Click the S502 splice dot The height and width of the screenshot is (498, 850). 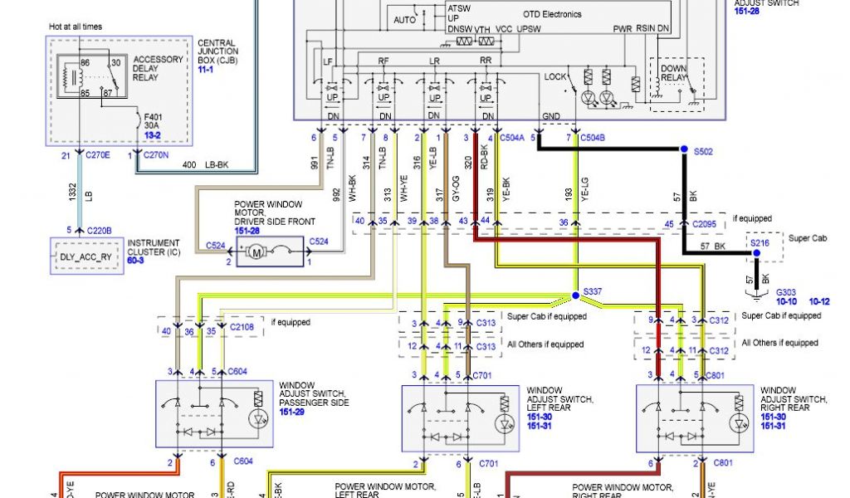tap(684, 149)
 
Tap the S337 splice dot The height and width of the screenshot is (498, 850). tap(574, 295)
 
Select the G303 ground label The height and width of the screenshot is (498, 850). tap(786, 292)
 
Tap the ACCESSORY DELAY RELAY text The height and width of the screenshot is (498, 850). tap(158, 68)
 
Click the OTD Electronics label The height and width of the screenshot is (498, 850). tap(552, 14)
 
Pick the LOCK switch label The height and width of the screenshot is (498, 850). tap(554, 76)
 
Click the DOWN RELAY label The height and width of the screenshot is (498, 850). tap(673, 73)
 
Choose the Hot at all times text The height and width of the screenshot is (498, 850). tap(76, 27)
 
